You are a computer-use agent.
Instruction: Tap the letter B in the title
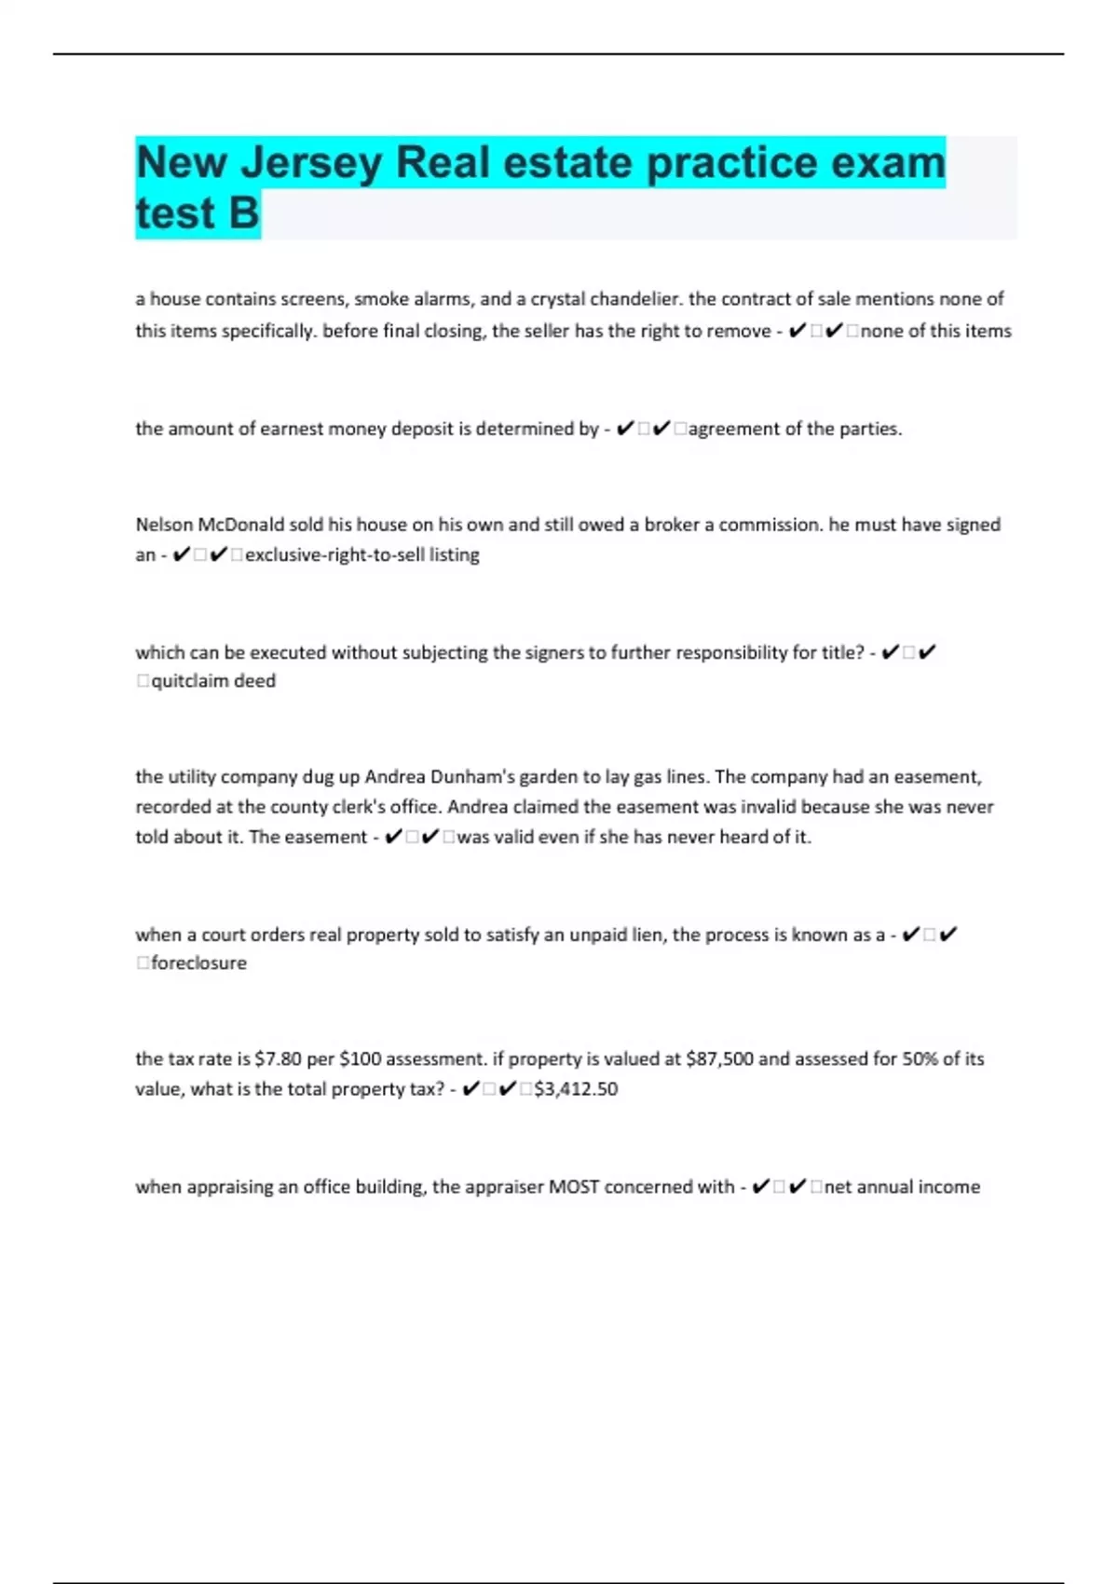[243, 213]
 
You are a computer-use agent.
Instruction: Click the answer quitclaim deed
[213, 681]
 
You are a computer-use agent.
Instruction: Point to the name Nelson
[164, 525]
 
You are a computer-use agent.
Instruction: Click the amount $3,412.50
[576, 1089]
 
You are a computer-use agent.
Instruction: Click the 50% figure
[920, 1059]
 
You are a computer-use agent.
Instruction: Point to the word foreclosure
[198, 963]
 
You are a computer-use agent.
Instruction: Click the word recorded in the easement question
[171, 807]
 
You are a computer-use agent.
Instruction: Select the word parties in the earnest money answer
[870, 430]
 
